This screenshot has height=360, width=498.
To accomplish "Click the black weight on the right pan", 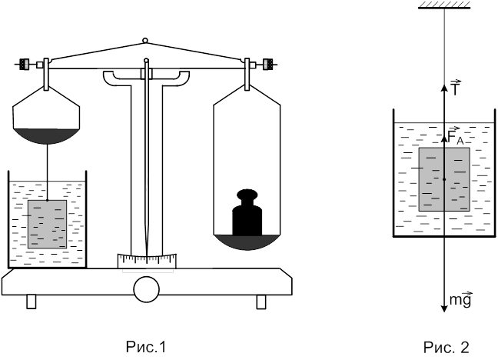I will (x=247, y=215).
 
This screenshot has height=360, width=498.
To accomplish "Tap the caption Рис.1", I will (x=145, y=347).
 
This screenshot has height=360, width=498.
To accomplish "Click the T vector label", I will (x=456, y=88).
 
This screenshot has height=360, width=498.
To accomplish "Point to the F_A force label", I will (x=455, y=136).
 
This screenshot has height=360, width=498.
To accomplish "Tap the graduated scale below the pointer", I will (x=147, y=261).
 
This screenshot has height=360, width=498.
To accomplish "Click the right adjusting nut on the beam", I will (x=269, y=63).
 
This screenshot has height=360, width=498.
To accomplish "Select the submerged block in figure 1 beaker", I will (x=47, y=224).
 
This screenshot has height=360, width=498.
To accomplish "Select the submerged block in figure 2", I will (x=444, y=179).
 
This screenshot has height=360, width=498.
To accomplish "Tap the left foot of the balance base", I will (x=32, y=302).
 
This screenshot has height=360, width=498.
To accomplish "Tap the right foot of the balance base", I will (x=261, y=302).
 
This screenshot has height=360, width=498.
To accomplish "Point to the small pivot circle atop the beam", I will (x=146, y=40).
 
